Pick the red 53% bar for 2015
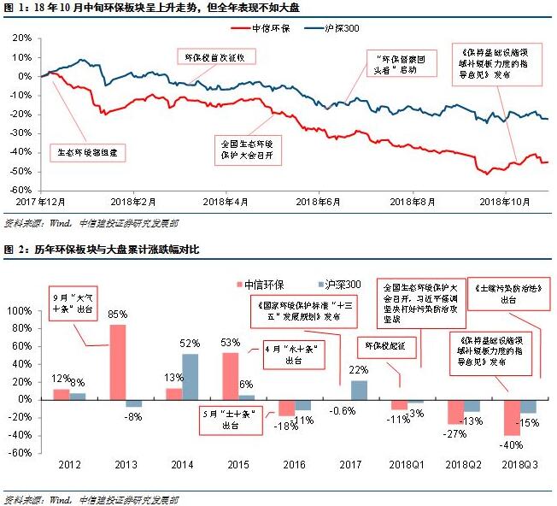[x=229, y=376]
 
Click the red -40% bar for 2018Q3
[x=512, y=417]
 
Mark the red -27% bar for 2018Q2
[x=454, y=411]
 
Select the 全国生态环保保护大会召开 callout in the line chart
[x=244, y=147]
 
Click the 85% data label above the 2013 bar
[x=118, y=315]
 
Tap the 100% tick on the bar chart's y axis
[x=19, y=311]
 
